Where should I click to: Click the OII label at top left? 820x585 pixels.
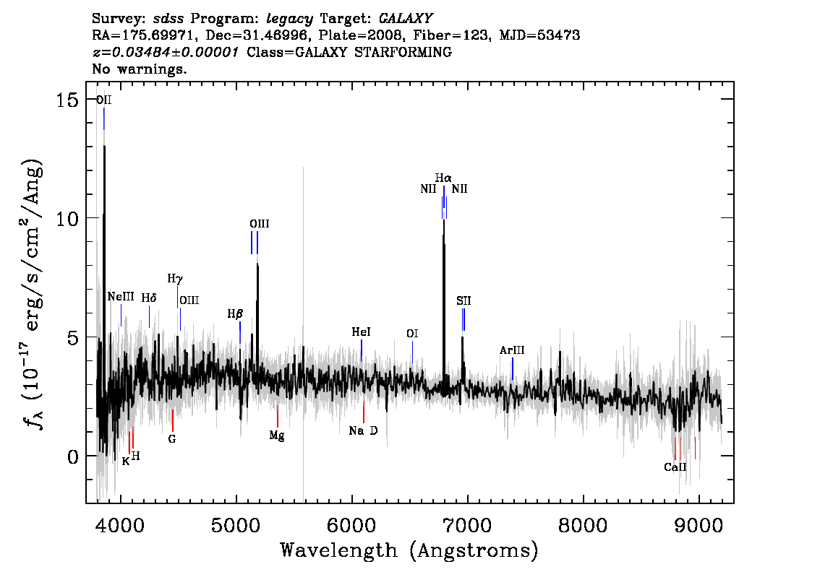point(103,100)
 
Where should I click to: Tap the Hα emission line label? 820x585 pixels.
point(443,178)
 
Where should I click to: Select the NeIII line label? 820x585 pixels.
point(121,297)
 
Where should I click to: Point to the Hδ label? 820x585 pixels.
point(149,298)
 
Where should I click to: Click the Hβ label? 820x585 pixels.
point(235,314)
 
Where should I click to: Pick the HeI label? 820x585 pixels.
point(361,331)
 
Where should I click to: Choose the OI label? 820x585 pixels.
point(412,333)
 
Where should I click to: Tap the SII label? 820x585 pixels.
point(464,300)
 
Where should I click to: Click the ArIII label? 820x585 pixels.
point(512,350)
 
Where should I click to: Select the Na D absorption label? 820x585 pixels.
point(363,430)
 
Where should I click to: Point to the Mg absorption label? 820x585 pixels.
point(277,435)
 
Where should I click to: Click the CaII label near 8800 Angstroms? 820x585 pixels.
point(675,467)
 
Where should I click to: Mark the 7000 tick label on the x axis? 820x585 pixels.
point(466,524)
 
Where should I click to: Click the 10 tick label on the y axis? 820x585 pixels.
point(67,218)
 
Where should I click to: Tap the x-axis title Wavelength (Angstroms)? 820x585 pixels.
point(409,550)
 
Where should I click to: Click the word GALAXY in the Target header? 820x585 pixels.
point(406,18)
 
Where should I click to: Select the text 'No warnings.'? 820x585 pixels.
point(140,69)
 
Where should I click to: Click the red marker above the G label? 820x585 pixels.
point(173,420)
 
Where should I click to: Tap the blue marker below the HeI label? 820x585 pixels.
point(362,350)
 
